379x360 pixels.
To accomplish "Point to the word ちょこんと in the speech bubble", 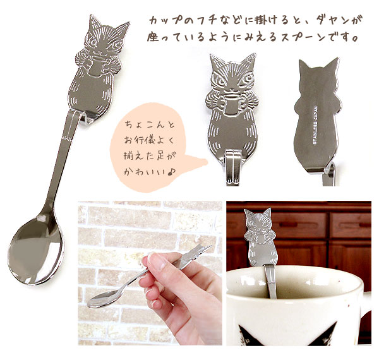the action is point(149,126).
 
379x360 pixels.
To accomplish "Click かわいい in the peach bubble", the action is point(144,172).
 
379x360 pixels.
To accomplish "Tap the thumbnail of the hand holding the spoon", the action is point(150,273).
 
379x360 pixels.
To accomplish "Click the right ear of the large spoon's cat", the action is point(123,27).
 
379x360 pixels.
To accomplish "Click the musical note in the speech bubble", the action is point(172,172).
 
